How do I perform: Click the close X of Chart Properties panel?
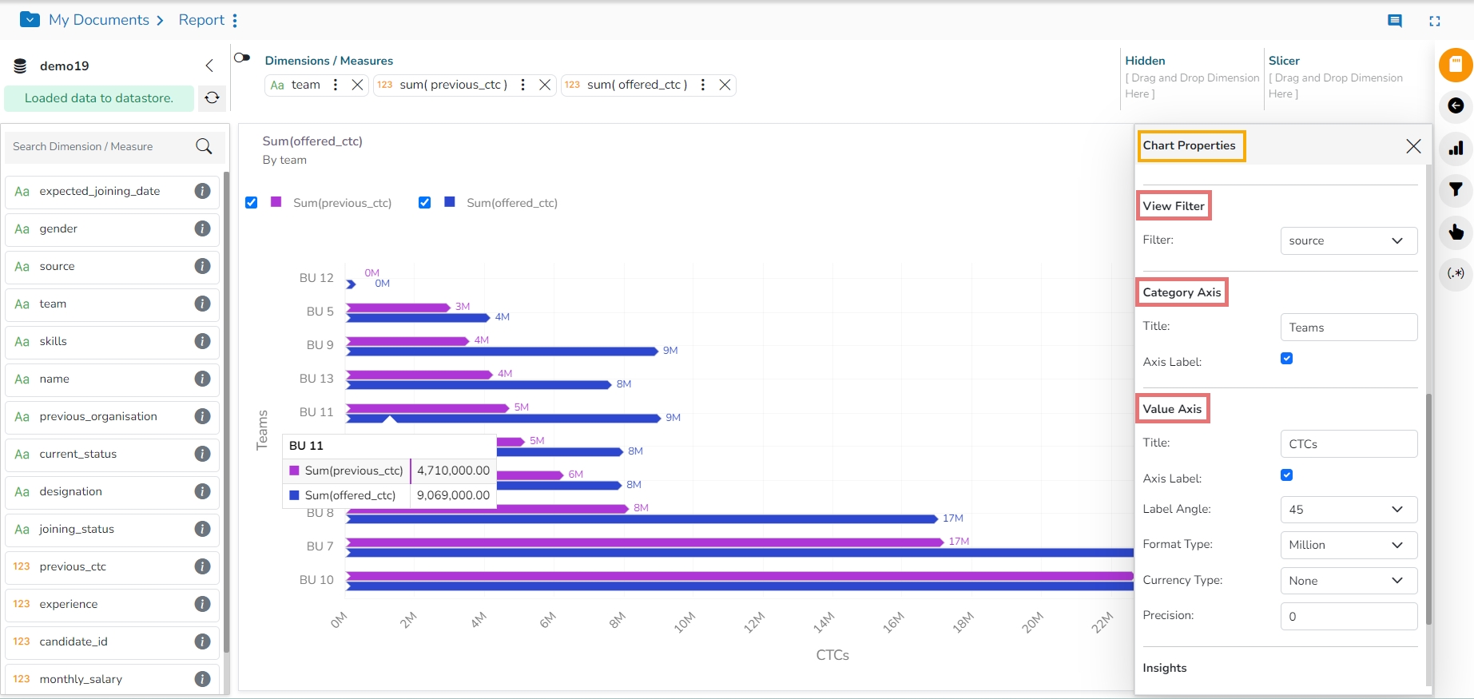click(x=1413, y=146)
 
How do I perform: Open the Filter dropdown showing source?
click(x=1349, y=241)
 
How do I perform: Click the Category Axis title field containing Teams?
click(x=1349, y=328)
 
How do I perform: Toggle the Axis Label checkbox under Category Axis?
click(x=1286, y=359)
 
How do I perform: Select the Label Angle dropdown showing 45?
click(x=1349, y=510)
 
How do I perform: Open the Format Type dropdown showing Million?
click(x=1349, y=545)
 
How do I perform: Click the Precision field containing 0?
click(x=1349, y=617)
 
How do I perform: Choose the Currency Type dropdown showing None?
click(x=1349, y=581)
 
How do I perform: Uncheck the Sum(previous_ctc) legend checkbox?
click(x=252, y=203)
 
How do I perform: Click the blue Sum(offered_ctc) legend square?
click(x=450, y=203)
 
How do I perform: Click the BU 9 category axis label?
click(x=320, y=345)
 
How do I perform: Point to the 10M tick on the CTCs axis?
click(x=685, y=622)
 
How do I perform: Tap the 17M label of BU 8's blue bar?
click(x=953, y=518)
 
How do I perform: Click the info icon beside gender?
click(x=203, y=228)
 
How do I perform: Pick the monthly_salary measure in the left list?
click(x=81, y=679)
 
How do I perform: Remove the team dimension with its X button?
click(x=357, y=85)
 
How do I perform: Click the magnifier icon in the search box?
click(x=204, y=146)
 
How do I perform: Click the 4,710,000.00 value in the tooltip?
click(x=453, y=471)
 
